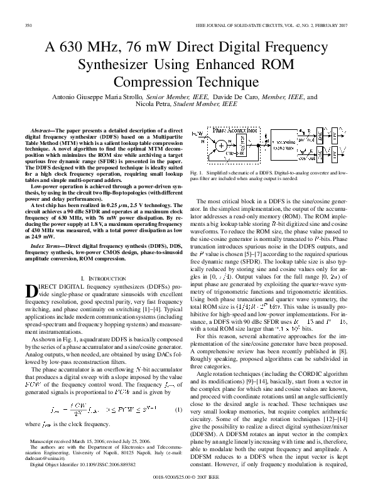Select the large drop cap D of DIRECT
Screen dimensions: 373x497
pyautogui.click(x=35, y=290)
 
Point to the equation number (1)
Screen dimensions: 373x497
pyautogui.click(x=178, y=410)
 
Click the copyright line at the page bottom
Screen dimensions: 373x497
pyautogui.click(x=186, y=486)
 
